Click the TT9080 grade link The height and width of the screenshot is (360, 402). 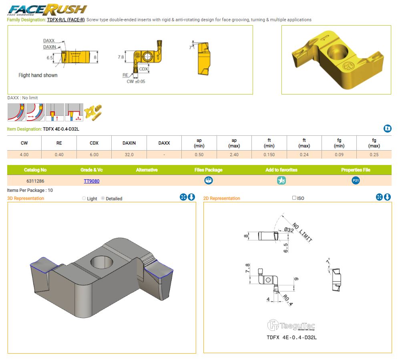[x=92, y=181]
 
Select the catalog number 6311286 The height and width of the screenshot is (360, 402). [x=35, y=181]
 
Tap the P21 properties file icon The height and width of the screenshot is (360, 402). [x=356, y=181]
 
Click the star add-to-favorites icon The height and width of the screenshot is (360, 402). [x=281, y=181]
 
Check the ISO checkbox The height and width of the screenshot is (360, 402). [x=294, y=198]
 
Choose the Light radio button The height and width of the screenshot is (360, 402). [x=84, y=198]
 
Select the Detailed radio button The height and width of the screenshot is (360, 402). [x=103, y=198]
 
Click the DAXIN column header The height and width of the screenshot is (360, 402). [x=129, y=143]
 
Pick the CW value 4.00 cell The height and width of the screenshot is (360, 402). [x=24, y=155]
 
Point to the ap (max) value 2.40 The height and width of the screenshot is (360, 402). [x=234, y=155]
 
